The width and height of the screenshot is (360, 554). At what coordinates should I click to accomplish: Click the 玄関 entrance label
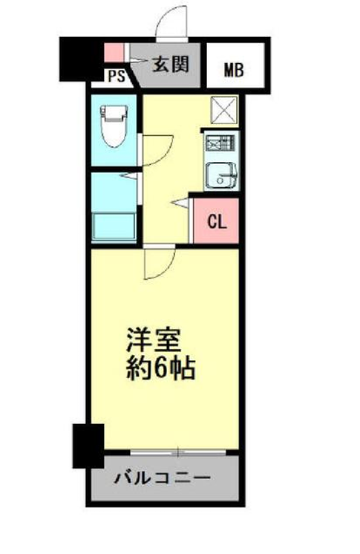(171, 65)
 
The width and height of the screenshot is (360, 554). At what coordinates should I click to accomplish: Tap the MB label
(235, 70)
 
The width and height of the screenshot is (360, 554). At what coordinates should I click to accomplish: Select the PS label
(117, 76)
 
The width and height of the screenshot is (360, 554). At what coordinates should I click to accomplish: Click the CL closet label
(217, 222)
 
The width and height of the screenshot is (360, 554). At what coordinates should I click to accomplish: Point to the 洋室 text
(154, 340)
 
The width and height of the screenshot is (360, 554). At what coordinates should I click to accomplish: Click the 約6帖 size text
(161, 368)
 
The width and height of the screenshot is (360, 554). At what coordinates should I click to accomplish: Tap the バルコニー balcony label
(162, 479)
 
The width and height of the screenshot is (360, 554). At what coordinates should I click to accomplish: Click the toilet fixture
(114, 126)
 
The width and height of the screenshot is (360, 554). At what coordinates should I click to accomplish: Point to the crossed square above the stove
(224, 110)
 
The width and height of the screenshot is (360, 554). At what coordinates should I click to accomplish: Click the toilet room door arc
(162, 154)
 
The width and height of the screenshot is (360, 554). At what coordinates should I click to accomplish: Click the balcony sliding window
(177, 452)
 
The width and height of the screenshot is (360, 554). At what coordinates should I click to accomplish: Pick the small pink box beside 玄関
(114, 52)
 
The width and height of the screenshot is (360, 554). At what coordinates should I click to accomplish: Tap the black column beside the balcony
(88, 446)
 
